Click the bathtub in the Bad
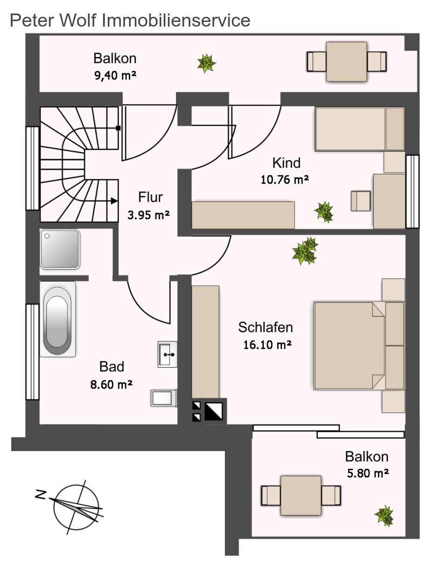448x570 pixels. pyautogui.click(x=58, y=319)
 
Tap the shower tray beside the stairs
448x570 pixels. pyautogui.click(x=60, y=249)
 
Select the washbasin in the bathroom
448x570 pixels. pyautogui.click(x=168, y=354)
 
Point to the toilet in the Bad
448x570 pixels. pyautogui.click(x=164, y=398)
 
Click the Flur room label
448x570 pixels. pyautogui.click(x=150, y=197)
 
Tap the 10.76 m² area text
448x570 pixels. pyautogui.click(x=285, y=180)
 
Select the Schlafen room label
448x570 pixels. pyautogui.click(x=266, y=327)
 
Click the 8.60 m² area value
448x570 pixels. pyautogui.click(x=111, y=384)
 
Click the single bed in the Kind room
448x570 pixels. pyautogui.click(x=360, y=129)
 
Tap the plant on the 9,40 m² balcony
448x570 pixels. pyautogui.click(x=207, y=63)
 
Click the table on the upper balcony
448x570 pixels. pyautogui.click(x=346, y=62)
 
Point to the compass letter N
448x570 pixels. pyautogui.click(x=41, y=494)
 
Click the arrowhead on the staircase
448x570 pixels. pyautogui.click(x=114, y=201)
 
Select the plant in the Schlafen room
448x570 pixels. pyautogui.click(x=305, y=251)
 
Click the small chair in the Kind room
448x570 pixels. pyautogui.click(x=361, y=201)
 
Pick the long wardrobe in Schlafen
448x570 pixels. pyautogui.click(x=205, y=342)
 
